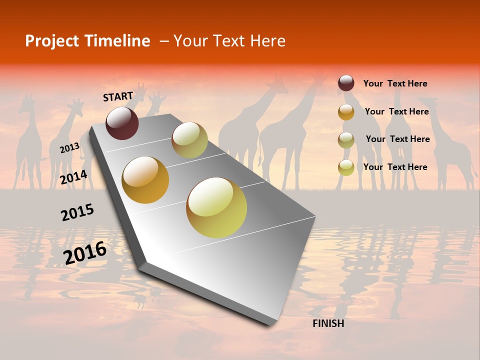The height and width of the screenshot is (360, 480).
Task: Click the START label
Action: (118, 96)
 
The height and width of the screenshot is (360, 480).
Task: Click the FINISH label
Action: (328, 323)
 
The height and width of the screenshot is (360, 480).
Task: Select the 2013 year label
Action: (69, 148)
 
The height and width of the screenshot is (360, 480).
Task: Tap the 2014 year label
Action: (73, 177)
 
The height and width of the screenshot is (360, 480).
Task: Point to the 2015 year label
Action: (77, 212)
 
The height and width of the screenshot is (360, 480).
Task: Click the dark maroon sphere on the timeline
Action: (122, 123)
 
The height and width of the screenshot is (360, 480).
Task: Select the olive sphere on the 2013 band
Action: (189, 140)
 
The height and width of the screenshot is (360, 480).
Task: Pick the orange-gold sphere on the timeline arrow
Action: (145, 180)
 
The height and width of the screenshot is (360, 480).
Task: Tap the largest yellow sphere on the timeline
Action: (216, 207)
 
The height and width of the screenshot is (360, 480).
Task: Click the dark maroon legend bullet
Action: (346, 83)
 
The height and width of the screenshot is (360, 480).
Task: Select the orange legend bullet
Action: (346, 111)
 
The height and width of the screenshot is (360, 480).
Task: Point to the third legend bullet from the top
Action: (346, 139)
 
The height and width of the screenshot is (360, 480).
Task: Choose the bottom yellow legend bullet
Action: (346, 167)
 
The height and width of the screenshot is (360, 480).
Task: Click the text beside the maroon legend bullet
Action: (395, 83)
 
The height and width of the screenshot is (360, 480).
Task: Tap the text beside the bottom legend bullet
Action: (395, 167)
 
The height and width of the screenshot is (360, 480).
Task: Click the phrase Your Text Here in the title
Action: (229, 41)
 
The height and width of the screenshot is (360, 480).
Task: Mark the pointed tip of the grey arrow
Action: (272, 324)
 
